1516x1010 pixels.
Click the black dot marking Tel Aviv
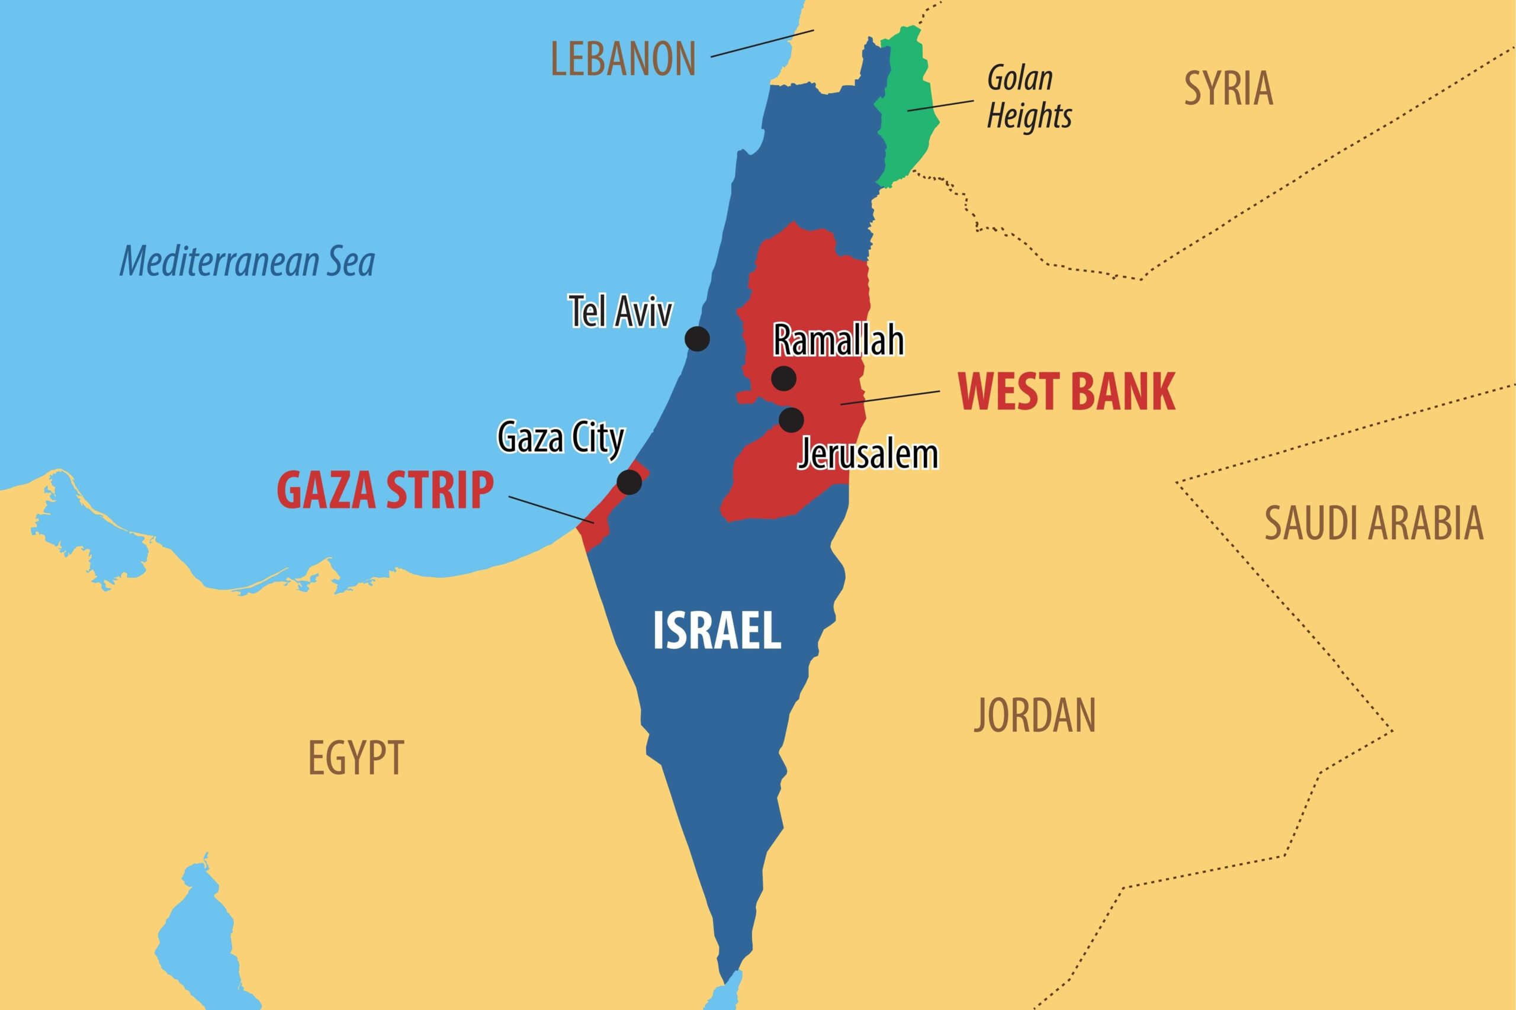click(x=697, y=338)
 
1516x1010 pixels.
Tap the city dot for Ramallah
click(x=783, y=378)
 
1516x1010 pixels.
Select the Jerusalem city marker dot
click(x=791, y=420)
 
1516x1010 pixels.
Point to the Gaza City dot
click(x=629, y=482)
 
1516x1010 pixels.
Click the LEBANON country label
click(x=623, y=59)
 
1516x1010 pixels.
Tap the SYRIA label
click(x=1228, y=89)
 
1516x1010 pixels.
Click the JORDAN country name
click(x=1035, y=715)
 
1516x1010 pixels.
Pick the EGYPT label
click(x=356, y=758)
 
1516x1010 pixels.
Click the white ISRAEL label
click(x=717, y=631)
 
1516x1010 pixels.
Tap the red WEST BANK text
click(x=1067, y=392)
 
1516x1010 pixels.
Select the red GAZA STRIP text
click(x=386, y=491)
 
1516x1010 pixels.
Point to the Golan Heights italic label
click(x=1029, y=98)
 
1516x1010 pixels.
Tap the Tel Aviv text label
click(x=621, y=313)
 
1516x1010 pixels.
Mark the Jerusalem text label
click(x=868, y=455)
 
